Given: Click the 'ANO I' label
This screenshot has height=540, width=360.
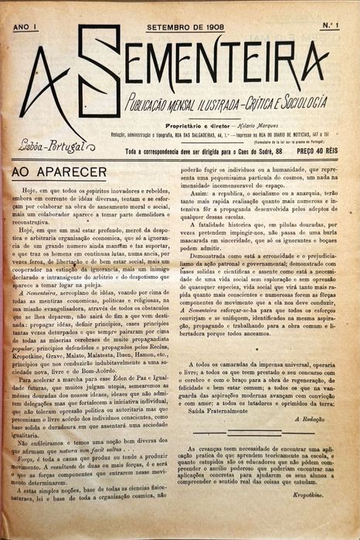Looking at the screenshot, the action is click(x=25, y=26).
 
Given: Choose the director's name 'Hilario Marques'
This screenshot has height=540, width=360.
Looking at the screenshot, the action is click(x=253, y=124).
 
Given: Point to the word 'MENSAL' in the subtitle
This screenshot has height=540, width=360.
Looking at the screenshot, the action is click(x=178, y=103).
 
